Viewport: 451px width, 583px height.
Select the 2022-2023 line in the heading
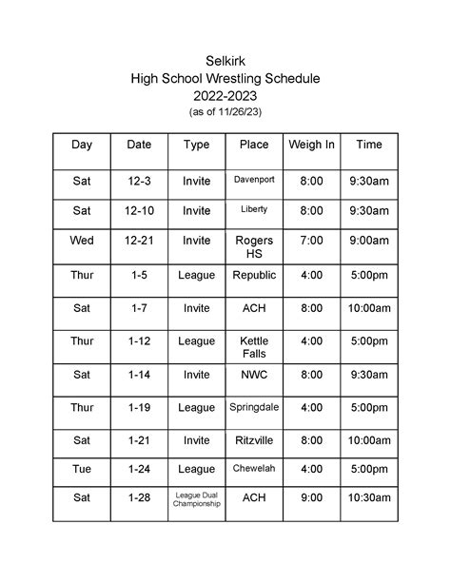(x=225, y=96)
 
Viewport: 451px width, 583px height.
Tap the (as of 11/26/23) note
(x=225, y=112)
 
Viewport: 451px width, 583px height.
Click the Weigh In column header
(x=311, y=145)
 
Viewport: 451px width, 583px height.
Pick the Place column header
(x=253, y=145)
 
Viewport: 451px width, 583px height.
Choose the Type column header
(x=196, y=145)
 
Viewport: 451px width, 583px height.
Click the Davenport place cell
(x=253, y=179)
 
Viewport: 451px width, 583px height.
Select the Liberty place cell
(x=253, y=209)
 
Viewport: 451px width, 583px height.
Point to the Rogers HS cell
(x=253, y=247)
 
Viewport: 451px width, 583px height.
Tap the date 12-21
(x=140, y=242)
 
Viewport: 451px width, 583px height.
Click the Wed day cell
(x=83, y=242)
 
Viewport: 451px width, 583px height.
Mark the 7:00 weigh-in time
(x=311, y=242)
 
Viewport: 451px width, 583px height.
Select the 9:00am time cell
(x=369, y=242)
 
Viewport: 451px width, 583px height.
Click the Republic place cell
(x=253, y=275)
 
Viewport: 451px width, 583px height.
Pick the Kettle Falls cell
(x=253, y=347)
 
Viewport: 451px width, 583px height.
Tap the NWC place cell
(x=253, y=375)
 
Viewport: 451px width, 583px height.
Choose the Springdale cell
(x=253, y=407)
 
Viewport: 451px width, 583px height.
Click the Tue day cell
(x=83, y=469)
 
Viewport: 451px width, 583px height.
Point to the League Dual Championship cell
(x=196, y=499)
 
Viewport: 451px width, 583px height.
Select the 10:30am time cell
(x=369, y=497)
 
